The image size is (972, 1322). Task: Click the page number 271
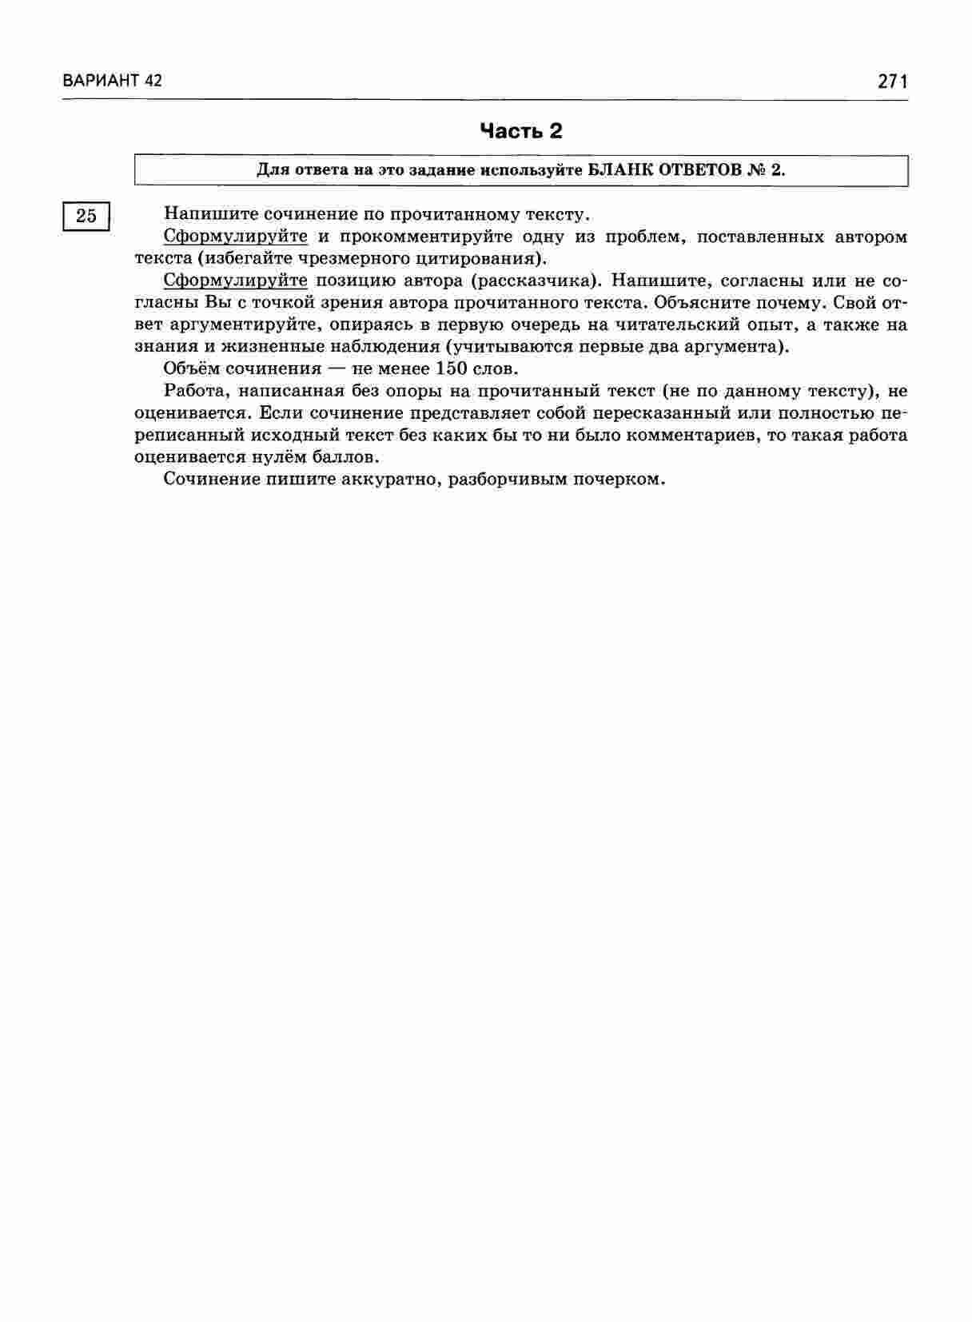point(892,81)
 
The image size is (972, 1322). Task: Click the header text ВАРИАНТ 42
point(112,81)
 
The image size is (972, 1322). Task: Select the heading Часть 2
point(520,131)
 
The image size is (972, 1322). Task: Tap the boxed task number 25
point(86,216)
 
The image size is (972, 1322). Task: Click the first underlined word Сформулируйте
point(235,237)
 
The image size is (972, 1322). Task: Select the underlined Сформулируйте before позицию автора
point(235,281)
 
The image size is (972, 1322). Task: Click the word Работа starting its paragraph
point(189,391)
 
